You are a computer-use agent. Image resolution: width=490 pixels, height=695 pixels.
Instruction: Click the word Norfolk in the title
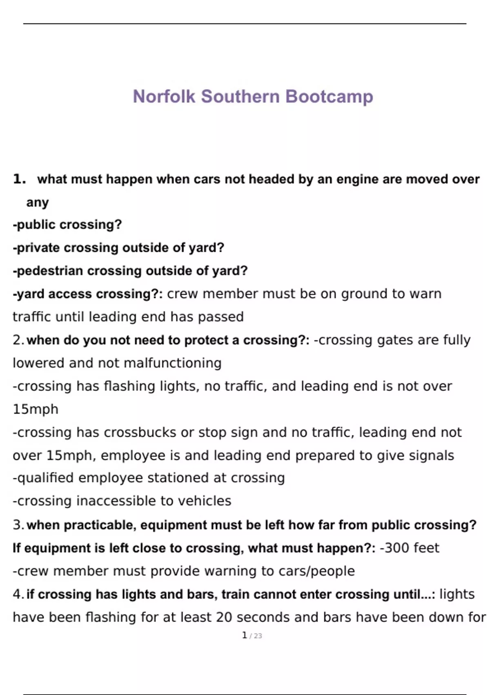point(164,96)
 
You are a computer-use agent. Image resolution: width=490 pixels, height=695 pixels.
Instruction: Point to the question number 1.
point(19,179)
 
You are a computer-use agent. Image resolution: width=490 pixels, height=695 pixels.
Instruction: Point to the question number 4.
point(18,594)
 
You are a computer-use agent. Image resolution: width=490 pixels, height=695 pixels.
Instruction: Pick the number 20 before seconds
point(224,617)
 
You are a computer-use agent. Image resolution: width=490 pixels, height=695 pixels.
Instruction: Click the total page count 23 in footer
point(258,636)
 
